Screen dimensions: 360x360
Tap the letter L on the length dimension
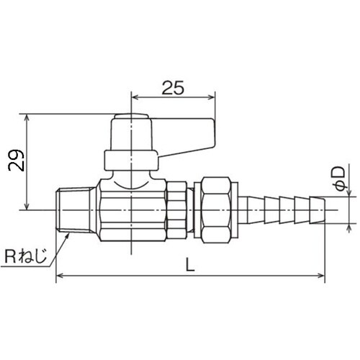[189, 264]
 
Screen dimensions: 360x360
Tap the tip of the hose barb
[323, 209]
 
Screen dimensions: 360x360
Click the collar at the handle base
[130, 159]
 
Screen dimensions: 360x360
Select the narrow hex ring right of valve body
[176, 208]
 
